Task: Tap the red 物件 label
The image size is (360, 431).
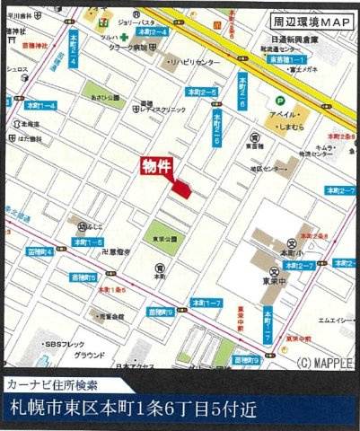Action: click(156, 165)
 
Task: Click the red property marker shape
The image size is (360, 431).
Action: click(182, 188)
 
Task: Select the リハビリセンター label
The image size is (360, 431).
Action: click(196, 63)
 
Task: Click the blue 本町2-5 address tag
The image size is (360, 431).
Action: click(204, 92)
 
